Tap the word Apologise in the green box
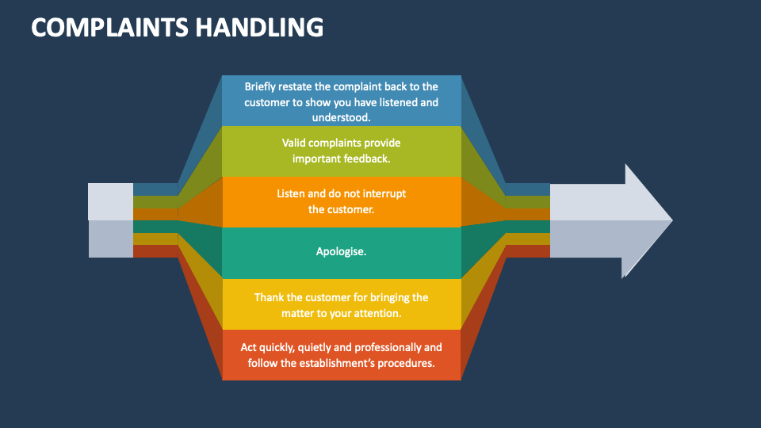[x=341, y=251]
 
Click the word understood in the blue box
[x=341, y=117]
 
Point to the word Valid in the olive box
[x=295, y=143]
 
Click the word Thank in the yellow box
[x=269, y=297]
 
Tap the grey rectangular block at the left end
[x=110, y=220]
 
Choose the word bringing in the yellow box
[x=387, y=297]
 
